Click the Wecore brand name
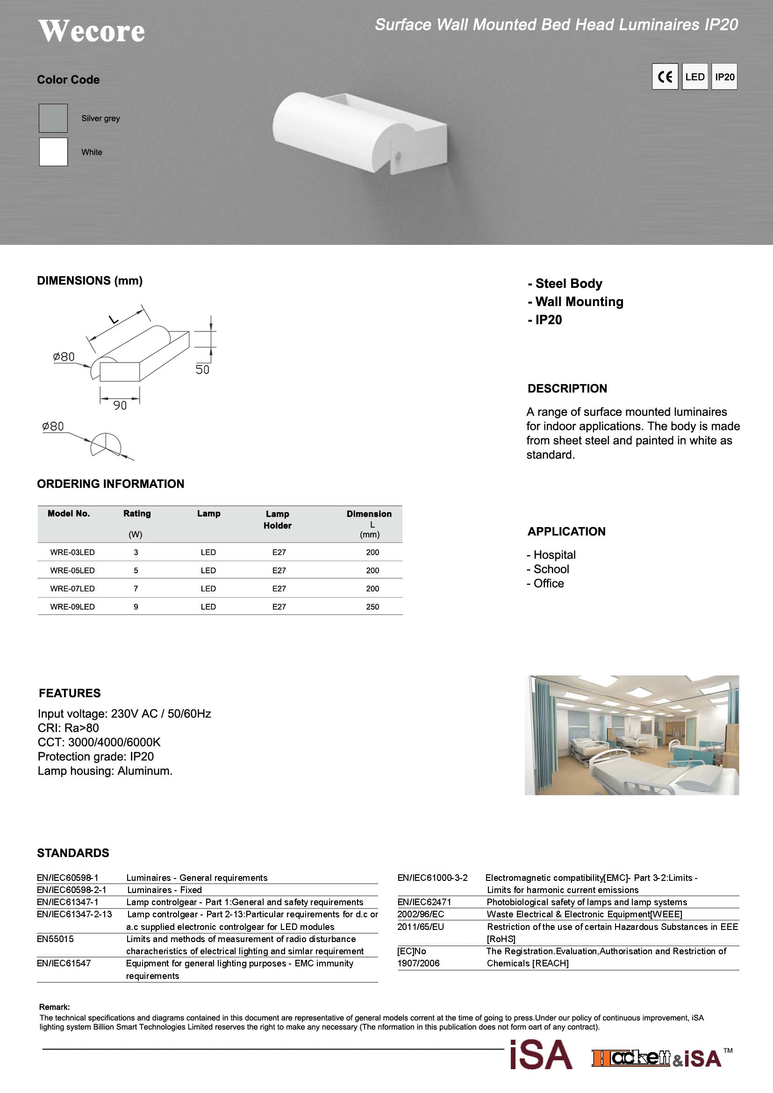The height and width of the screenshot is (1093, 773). pos(92,31)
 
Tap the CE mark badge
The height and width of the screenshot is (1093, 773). pos(665,77)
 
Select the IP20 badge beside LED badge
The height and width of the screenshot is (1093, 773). pos(724,77)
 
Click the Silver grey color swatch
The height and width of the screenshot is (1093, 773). pos(53,118)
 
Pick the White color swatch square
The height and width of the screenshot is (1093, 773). pos(53,152)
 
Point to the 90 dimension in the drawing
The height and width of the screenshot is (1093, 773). pos(120,406)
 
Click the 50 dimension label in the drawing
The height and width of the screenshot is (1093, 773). pos(202,370)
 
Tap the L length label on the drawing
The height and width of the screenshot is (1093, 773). pos(114,320)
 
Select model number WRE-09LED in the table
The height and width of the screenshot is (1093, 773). pos(72,607)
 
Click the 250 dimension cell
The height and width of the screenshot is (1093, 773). pos(372,607)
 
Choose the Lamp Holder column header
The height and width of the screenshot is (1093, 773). pos(278,519)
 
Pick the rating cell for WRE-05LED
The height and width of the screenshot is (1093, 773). pos(136,570)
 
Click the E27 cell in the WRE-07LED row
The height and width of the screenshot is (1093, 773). pos(279,588)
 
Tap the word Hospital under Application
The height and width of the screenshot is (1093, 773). pos(555,555)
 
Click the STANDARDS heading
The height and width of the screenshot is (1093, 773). pos(73,853)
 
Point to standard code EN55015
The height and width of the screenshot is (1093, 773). pos(55,939)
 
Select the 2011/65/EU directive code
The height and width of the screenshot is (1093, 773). pos(420,926)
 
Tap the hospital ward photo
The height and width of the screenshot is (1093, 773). pos(632,735)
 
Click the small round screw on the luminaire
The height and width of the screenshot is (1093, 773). pos(398,155)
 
